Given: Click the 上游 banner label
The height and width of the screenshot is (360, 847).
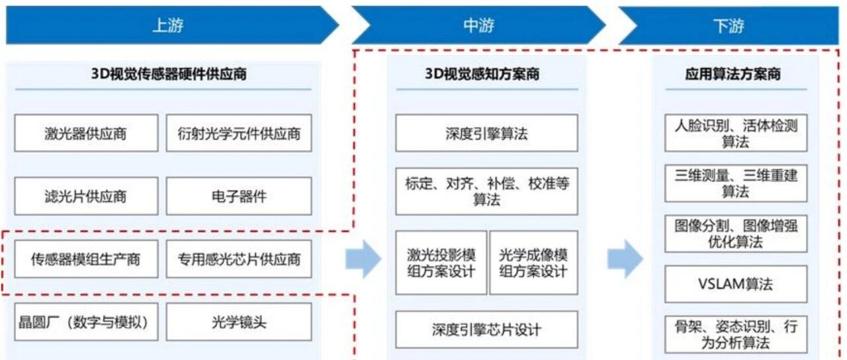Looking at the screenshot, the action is coord(168,25).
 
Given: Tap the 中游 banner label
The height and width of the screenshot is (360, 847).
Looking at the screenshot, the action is coord(478,25).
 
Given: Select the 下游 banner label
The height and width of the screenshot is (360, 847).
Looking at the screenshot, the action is coord(729,26).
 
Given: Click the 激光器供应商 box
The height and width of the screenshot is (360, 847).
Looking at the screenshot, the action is coord(86,133).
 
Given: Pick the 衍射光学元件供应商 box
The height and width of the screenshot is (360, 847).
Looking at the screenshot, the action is coord(239,133).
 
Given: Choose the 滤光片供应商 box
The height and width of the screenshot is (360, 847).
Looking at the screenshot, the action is coord(86,197).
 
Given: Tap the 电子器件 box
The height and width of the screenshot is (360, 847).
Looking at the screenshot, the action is coord(239,197).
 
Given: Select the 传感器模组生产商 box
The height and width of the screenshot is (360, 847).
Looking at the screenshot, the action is coord(86,259).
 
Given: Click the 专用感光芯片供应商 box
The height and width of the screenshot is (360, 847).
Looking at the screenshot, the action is coord(239,259).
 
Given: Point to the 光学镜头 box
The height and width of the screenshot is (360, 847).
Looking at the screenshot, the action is coord(239,322).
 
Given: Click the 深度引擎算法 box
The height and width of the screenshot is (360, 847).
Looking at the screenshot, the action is coord(486,133).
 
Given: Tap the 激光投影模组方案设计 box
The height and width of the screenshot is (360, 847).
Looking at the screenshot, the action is coord(441,263).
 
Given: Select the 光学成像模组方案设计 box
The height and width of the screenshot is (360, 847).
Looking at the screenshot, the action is coord(533,263).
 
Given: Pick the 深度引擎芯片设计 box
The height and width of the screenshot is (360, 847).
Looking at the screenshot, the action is coord(486,330).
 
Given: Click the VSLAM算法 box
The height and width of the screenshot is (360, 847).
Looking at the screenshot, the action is coord(736,284).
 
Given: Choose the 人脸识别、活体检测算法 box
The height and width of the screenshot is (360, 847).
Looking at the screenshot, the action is coord(736,133).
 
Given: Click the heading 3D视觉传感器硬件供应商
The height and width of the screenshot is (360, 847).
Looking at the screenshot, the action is coord(169,73).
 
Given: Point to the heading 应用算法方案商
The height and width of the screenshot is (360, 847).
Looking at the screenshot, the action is coord(733,73).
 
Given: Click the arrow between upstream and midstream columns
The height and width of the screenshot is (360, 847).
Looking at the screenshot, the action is coord(363,259).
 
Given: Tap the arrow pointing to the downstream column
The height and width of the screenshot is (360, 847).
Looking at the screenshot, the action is coord(625,259).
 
